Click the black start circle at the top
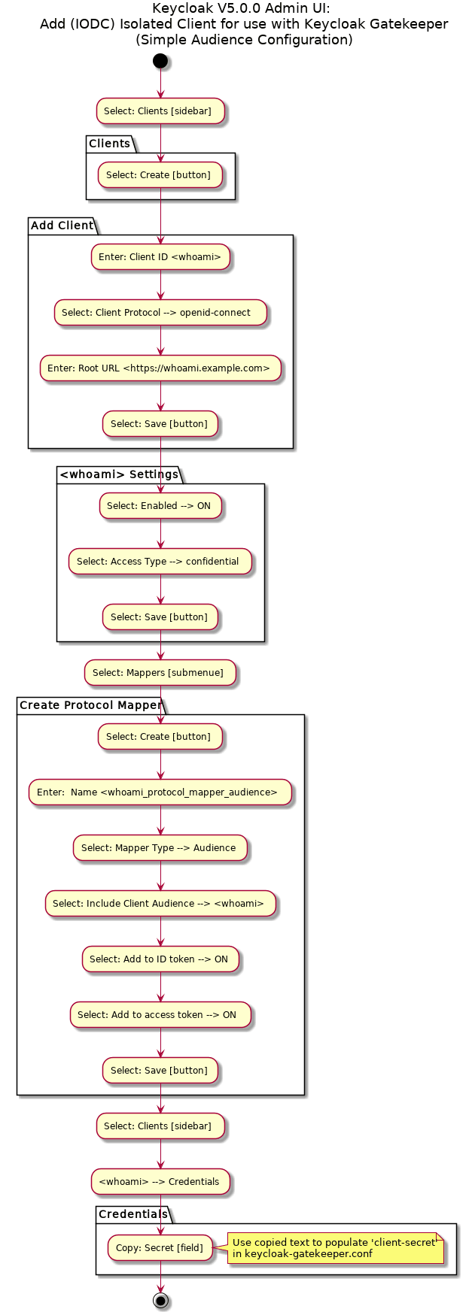click(x=160, y=61)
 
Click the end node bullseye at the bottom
click(x=160, y=1300)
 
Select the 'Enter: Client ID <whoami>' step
click(x=160, y=257)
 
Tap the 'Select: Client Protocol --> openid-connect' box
click(x=160, y=313)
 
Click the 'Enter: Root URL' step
click(x=160, y=368)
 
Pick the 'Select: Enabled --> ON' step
click(x=160, y=506)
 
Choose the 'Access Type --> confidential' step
click(x=160, y=562)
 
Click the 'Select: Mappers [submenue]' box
click(x=160, y=673)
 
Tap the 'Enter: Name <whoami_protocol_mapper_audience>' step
click(x=160, y=792)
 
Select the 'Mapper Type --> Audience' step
click(x=160, y=848)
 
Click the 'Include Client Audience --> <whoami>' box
click(x=160, y=904)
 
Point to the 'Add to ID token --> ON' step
click(x=160, y=959)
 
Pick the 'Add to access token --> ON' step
click(x=160, y=1015)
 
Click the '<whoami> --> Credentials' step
click(x=160, y=1182)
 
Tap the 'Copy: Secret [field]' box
click(x=160, y=1248)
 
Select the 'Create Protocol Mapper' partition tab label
click(x=90, y=705)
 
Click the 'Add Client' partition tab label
click(x=62, y=226)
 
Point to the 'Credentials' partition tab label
click(x=133, y=1214)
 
